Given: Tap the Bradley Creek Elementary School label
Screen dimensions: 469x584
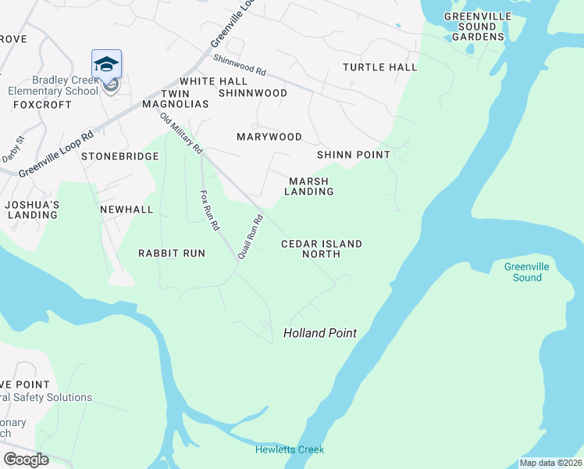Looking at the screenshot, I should (x=65, y=85).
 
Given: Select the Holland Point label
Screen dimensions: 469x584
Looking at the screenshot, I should (x=319, y=333).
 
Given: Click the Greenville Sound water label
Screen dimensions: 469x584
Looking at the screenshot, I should (x=526, y=272).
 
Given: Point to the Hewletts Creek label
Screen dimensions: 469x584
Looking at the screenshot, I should (x=289, y=449).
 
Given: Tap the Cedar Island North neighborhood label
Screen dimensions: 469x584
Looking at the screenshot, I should (x=322, y=249).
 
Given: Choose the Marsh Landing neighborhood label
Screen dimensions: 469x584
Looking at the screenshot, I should (x=308, y=186).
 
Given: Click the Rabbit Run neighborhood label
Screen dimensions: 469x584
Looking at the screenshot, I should (x=171, y=253).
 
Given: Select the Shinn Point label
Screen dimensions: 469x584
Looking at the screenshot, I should (x=353, y=155).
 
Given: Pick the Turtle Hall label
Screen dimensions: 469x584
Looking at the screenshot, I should (x=379, y=67).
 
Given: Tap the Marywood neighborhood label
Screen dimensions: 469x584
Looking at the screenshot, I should (x=269, y=137).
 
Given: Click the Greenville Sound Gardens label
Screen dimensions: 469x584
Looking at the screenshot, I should (x=478, y=26).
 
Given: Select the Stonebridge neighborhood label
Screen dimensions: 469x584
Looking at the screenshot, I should (x=120, y=156).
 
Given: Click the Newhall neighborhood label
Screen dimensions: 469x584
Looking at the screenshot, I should (x=126, y=209).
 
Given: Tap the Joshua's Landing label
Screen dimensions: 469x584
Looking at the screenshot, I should (x=32, y=209).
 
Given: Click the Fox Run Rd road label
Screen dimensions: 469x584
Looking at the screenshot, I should (x=208, y=210).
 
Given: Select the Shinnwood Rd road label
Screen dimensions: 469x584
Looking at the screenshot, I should (x=240, y=65).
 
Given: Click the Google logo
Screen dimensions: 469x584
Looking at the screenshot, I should (x=26, y=459).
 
